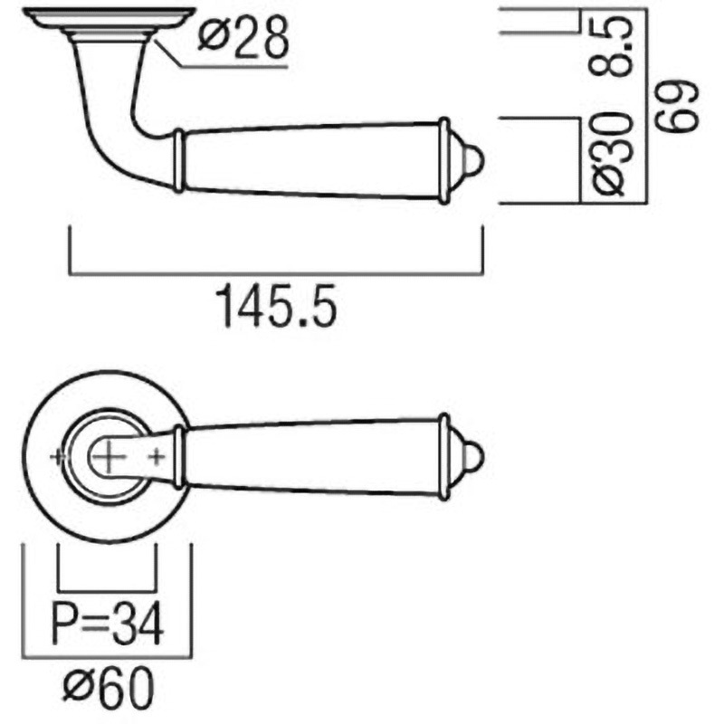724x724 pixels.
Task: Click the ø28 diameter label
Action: pyautogui.click(x=243, y=38)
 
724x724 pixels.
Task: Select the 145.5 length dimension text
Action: pyautogui.click(x=277, y=307)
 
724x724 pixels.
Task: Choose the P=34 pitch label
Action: pyautogui.click(x=108, y=624)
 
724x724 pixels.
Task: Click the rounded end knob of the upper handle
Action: pyautogui.click(x=471, y=161)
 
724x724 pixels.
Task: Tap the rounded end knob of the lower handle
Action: pyautogui.click(x=471, y=458)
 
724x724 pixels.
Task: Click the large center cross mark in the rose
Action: pyautogui.click(x=108, y=457)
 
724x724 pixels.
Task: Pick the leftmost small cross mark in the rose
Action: pyautogui.click(x=59, y=457)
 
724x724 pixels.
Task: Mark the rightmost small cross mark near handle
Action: pyautogui.click(x=157, y=457)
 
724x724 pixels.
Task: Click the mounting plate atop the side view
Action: pyautogui.click(x=108, y=16)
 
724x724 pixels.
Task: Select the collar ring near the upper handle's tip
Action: pyautogui.click(x=443, y=161)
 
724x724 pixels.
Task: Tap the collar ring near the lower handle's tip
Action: pyautogui.click(x=443, y=457)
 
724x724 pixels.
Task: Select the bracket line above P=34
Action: pyautogui.click(x=108, y=587)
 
